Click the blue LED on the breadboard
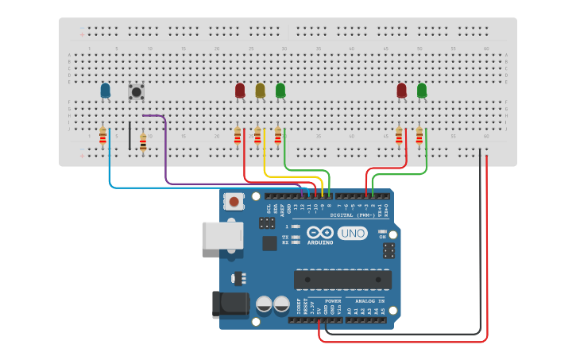(x=105, y=91)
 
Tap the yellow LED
(x=260, y=91)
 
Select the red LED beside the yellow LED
(x=240, y=91)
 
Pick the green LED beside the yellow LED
(x=280, y=91)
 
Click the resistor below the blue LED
(x=102, y=137)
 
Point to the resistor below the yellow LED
(x=257, y=137)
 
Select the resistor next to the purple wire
(x=143, y=142)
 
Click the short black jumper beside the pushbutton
(x=130, y=135)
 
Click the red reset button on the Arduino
(x=234, y=202)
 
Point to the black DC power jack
(x=226, y=306)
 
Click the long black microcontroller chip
(x=342, y=280)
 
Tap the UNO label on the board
(x=352, y=234)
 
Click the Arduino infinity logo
(x=318, y=233)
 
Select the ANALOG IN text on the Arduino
(x=369, y=302)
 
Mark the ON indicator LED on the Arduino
(x=382, y=231)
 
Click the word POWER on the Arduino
(x=333, y=302)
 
